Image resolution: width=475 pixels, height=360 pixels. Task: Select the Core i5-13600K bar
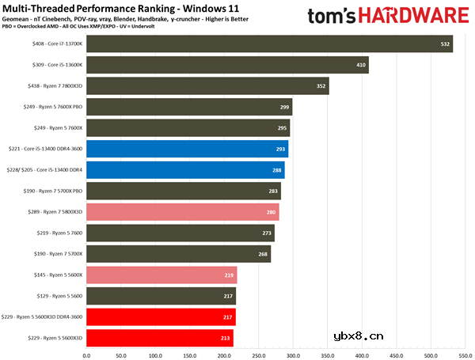click(x=227, y=64)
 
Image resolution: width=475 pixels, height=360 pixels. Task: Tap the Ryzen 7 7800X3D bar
click(x=207, y=85)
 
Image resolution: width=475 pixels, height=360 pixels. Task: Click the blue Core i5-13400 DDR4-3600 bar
click(x=187, y=148)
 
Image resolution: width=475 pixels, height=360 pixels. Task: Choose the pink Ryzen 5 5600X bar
click(x=161, y=275)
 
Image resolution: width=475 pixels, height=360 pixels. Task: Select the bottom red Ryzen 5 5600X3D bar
click(x=159, y=338)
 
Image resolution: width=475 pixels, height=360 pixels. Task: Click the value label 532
click(x=444, y=44)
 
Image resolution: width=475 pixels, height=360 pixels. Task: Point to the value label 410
click(x=361, y=65)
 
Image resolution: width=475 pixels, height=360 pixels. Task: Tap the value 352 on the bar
click(x=321, y=86)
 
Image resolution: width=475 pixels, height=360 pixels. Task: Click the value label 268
click(x=263, y=254)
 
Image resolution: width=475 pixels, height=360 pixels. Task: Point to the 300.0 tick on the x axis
click(x=293, y=354)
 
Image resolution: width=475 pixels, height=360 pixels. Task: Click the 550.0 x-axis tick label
click(x=431, y=354)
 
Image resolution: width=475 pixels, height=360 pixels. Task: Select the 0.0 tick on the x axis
click(x=86, y=354)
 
